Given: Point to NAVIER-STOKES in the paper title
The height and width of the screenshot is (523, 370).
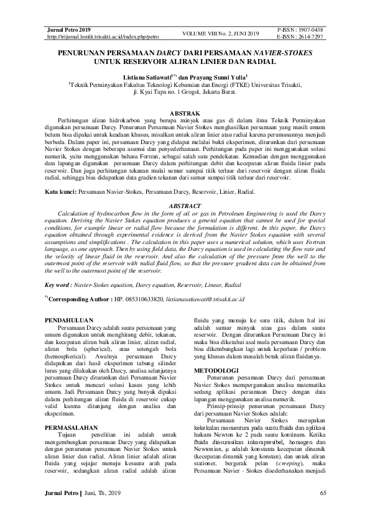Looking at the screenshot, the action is pyautogui.click(x=279, y=54).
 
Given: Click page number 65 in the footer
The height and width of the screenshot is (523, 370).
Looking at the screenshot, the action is pyautogui.click(x=323, y=493).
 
